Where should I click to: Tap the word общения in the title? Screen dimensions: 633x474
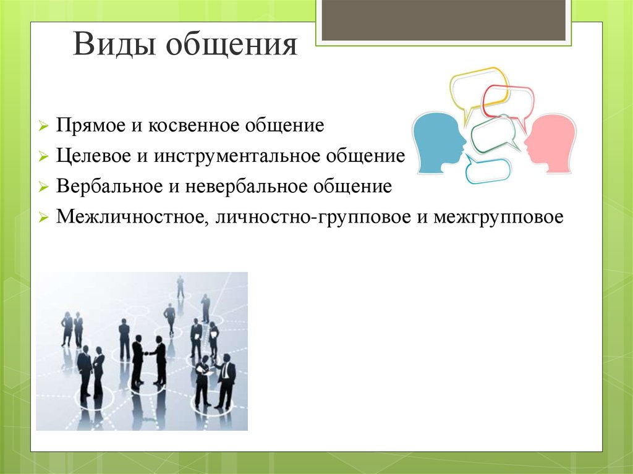(x=232, y=44)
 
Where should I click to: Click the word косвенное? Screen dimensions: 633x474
(x=193, y=125)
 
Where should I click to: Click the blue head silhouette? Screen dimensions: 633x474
(x=438, y=143)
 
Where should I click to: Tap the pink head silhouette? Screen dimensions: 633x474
(x=550, y=143)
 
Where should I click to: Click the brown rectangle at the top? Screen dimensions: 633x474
(x=443, y=20)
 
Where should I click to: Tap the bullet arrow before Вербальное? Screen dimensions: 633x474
(x=44, y=187)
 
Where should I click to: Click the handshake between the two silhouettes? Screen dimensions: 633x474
(x=149, y=353)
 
